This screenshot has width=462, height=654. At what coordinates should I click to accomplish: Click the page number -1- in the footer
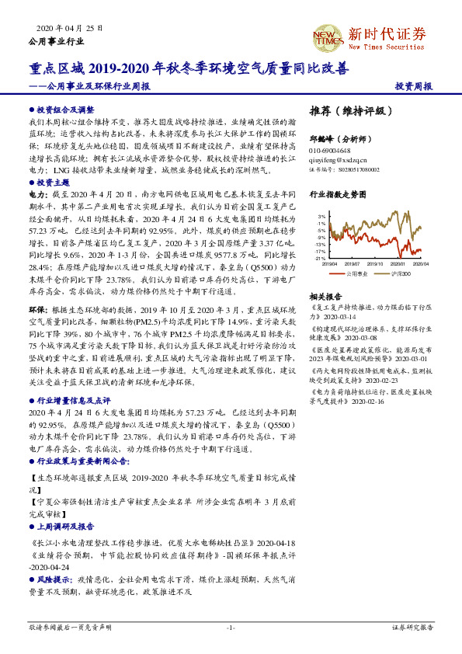231,627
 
